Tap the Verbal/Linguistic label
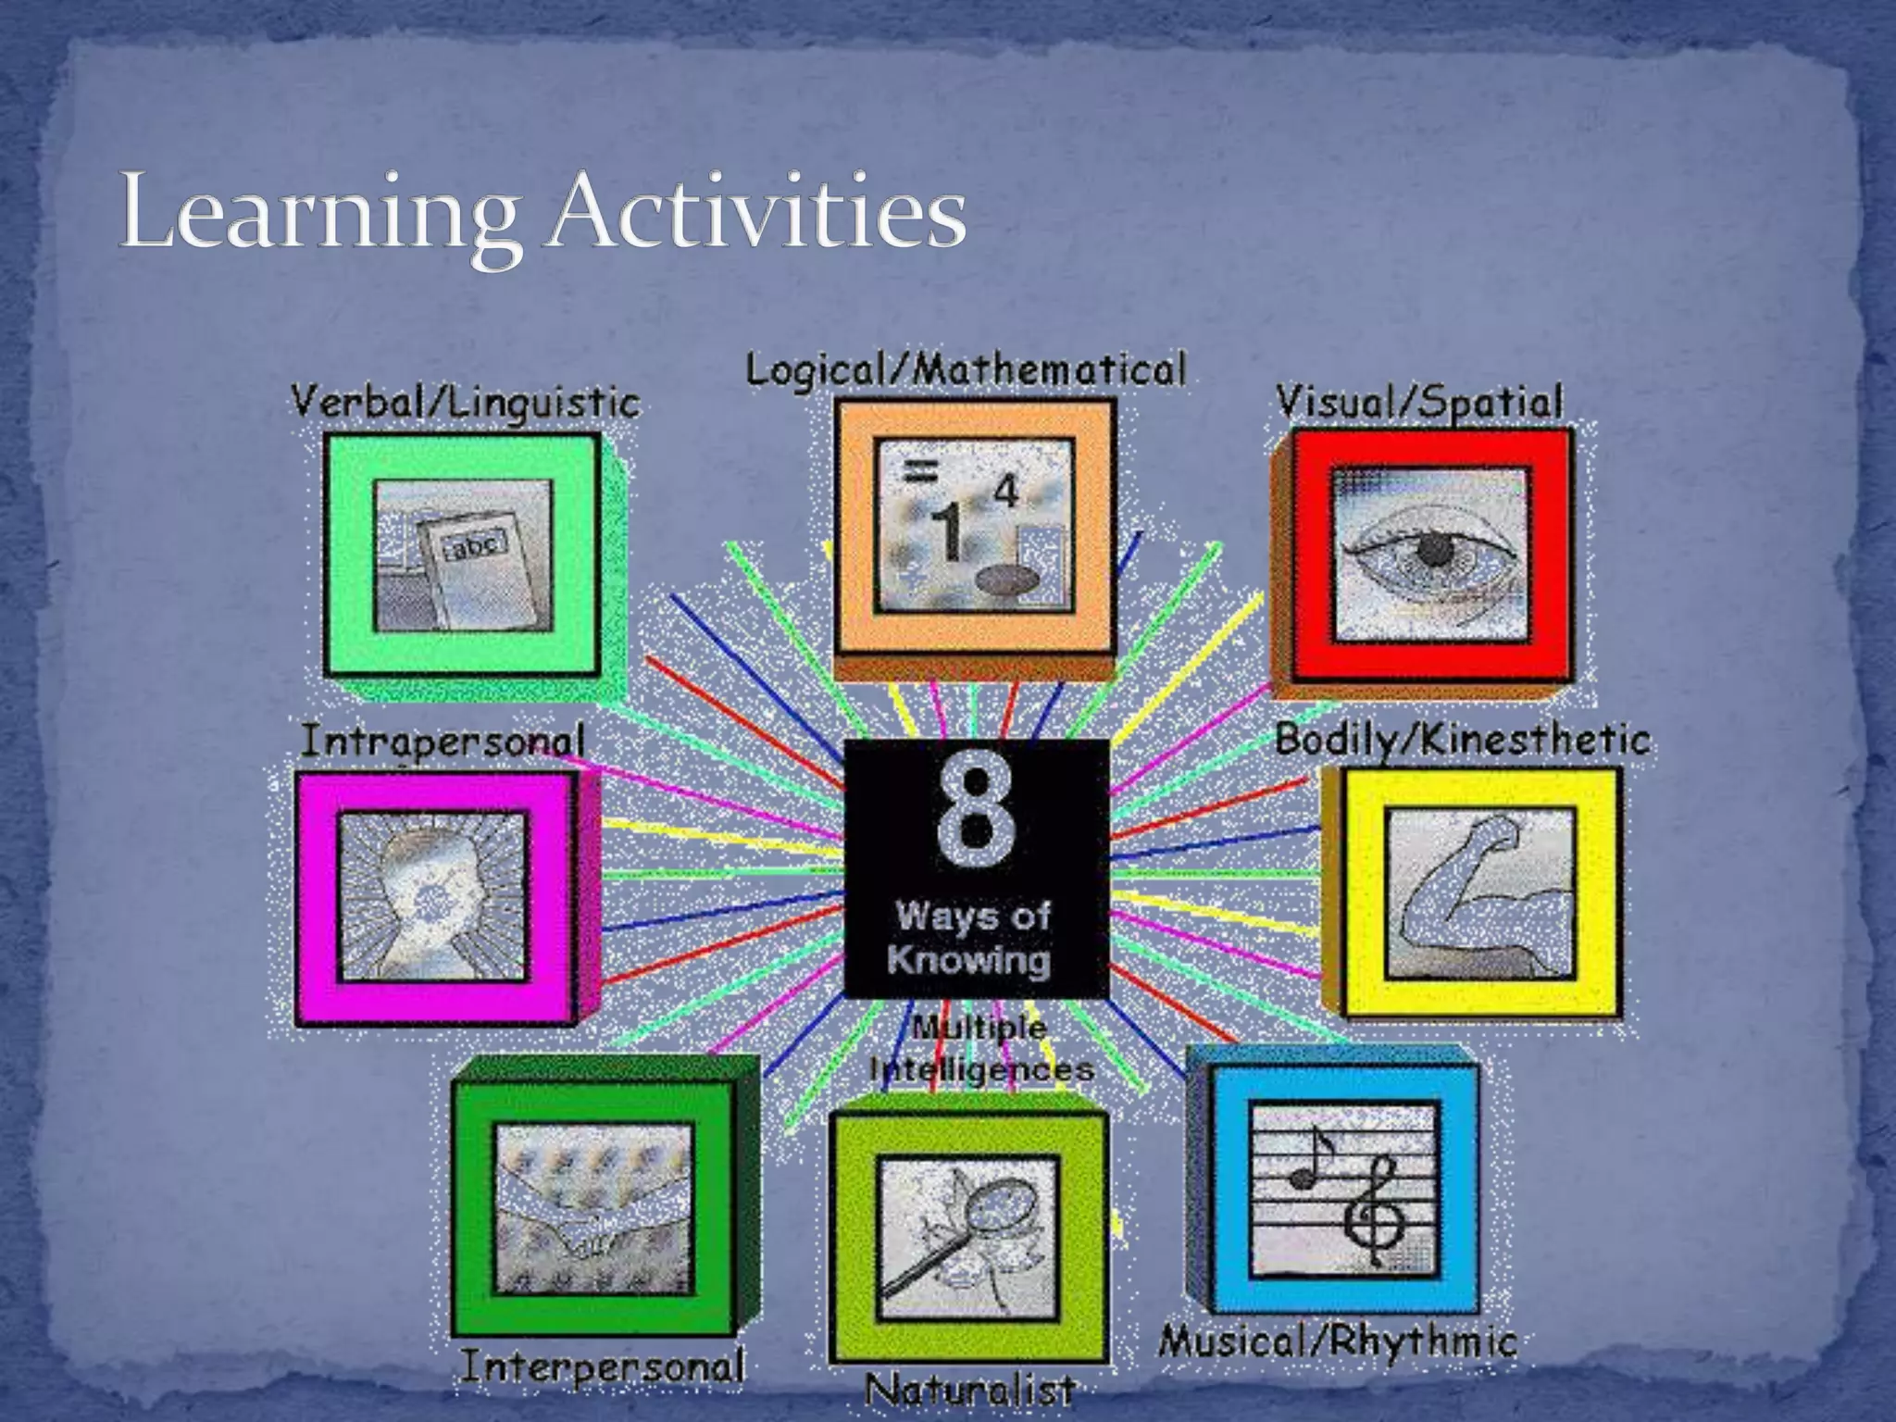pyautogui.click(x=466, y=404)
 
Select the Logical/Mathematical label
pyautogui.click(x=966, y=370)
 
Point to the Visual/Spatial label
pyautogui.click(x=1419, y=403)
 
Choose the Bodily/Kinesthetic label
pyautogui.click(x=1462, y=740)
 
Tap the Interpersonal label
pyautogui.click(x=602, y=1367)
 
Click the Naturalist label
pyautogui.click(x=969, y=1390)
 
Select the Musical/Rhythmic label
pyautogui.click(x=1337, y=1341)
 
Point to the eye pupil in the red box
pyautogui.click(x=1434, y=552)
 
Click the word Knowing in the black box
pyautogui.click(x=968, y=959)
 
